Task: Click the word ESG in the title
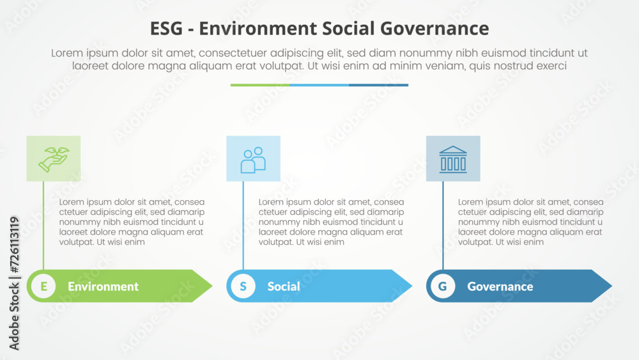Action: [167, 29]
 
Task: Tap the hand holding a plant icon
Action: [54, 159]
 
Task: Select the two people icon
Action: [253, 160]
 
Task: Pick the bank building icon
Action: [453, 159]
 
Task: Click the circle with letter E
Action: [43, 286]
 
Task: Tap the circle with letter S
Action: [243, 286]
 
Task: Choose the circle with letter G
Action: [443, 286]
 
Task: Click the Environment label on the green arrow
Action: [103, 286]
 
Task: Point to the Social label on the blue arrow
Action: [284, 286]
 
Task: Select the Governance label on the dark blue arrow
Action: [500, 286]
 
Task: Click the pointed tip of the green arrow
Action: [212, 286]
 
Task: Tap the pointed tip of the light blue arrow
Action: [412, 286]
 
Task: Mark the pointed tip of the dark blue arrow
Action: [612, 286]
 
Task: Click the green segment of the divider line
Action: [260, 85]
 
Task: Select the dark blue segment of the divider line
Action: [378, 85]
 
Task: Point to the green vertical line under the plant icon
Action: [43, 226]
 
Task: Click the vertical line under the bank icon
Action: [443, 226]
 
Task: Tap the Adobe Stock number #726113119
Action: [14, 245]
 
